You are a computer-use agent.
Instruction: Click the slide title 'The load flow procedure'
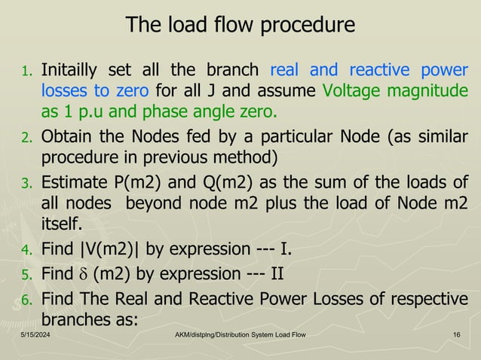tap(240, 26)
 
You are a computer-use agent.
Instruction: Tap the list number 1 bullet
tap(25, 73)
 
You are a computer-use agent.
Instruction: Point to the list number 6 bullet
tap(25, 301)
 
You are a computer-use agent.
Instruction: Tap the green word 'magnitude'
tap(427, 92)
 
